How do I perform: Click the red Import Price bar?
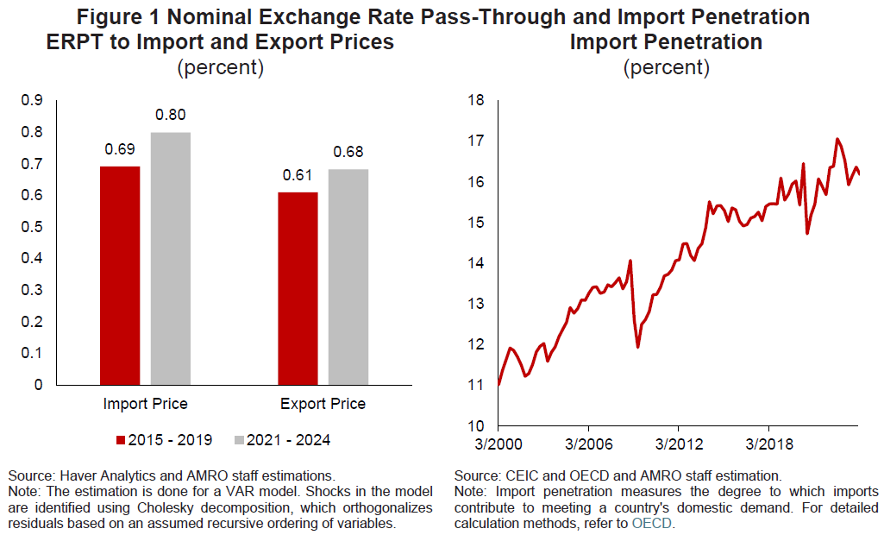point(120,275)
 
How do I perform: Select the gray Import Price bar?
point(171,258)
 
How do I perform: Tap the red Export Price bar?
point(298,288)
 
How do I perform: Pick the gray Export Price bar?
point(348,277)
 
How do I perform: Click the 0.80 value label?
point(171,116)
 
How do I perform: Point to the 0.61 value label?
point(298,176)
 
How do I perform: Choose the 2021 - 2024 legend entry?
point(281,440)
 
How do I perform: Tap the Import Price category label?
point(145,403)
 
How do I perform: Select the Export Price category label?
point(323,403)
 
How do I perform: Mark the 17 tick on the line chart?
point(475,142)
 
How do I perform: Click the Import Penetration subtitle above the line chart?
point(666,42)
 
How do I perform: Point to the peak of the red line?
point(837,139)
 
